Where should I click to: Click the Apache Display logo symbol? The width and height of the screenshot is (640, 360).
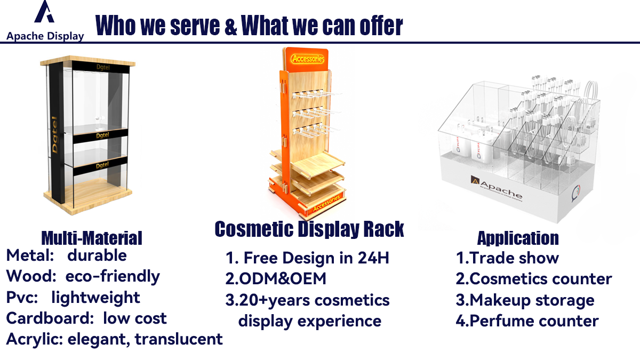click(x=44, y=11)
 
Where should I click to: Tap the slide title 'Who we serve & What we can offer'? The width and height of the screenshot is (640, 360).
click(x=249, y=26)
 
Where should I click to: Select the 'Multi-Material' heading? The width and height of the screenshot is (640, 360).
click(x=92, y=238)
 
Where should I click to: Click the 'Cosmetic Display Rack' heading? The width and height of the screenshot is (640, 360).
click(x=309, y=229)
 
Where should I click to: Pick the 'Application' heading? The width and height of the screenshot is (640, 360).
click(x=518, y=238)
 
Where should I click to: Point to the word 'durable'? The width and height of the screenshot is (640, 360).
click(x=97, y=255)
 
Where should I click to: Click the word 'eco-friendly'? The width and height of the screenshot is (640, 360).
click(x=113, y=276)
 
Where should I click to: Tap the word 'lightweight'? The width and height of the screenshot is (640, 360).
click(x=95, y=298)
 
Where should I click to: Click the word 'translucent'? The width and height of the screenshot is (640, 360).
click(x=179, y=339)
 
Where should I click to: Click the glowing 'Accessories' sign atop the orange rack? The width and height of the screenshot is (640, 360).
click(x=308, y=59)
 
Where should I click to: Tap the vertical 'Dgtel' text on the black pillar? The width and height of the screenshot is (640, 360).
click(x=54, y=134)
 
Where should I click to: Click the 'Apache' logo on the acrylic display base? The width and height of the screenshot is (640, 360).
click(x=497, y=188)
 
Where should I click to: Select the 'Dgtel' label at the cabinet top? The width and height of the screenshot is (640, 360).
click(x=103, y=67)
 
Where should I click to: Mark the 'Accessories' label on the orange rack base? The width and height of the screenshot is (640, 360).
click(x=326, y=203)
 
